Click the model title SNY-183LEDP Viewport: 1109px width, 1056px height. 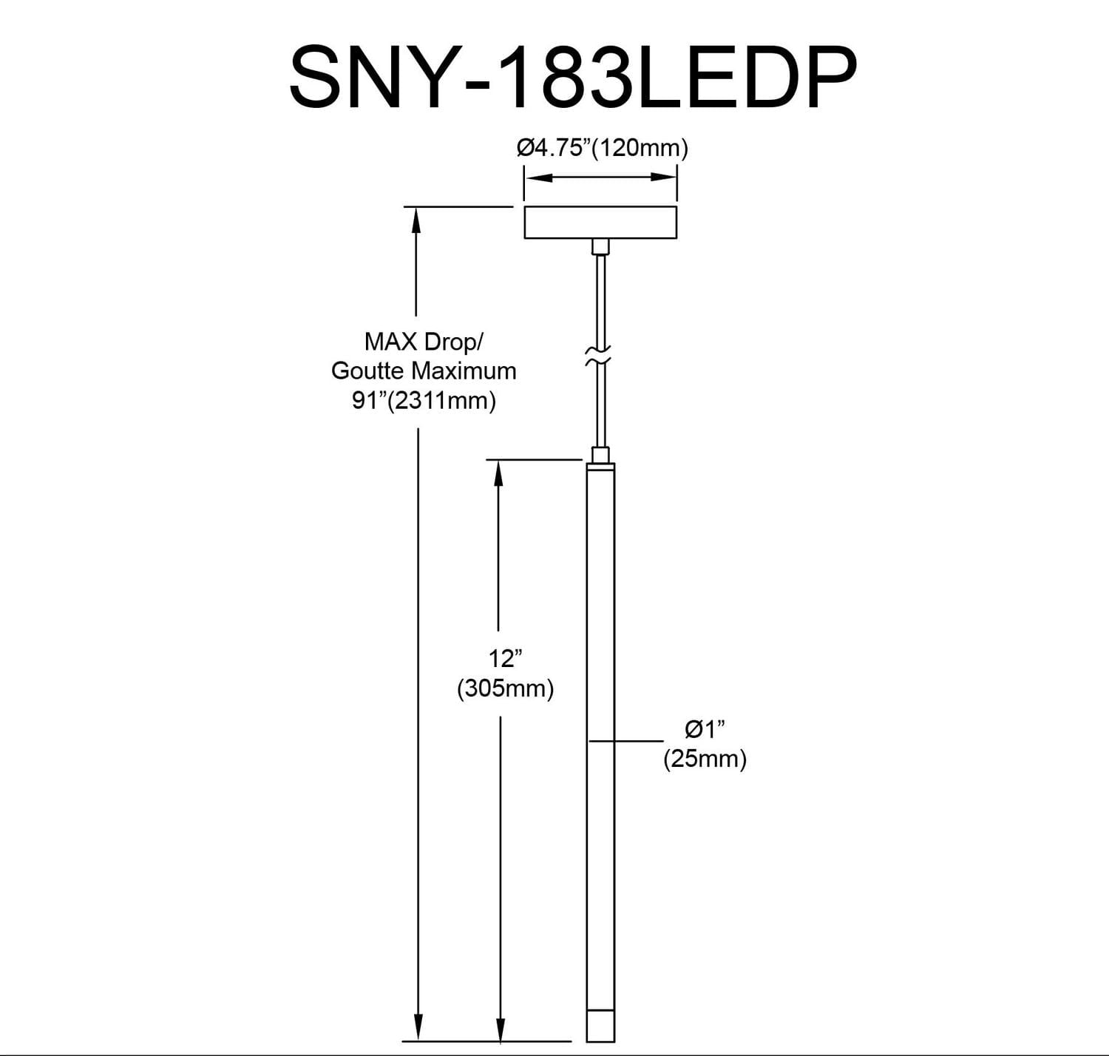coord(573,77)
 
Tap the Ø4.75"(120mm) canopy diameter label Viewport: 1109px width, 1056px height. coord(602,148)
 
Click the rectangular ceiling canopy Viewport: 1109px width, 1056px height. coord(600,223)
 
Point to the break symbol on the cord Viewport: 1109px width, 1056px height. coord(599,355)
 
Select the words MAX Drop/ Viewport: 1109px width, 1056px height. coord(423,342)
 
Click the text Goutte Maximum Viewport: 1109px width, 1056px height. coord(424,370)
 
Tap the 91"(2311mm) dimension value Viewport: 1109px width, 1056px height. coord(424,400)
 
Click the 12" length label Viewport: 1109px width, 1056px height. coord(506,657)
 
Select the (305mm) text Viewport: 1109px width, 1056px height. coord(506,688)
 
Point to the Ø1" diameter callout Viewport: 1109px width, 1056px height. coord(705,729)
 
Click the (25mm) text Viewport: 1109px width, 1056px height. coord(705,759)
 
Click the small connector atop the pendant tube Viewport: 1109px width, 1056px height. coord(600,455)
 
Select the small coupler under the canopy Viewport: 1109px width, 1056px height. coord(600,247)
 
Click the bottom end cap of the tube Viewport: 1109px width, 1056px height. coord(600,1026)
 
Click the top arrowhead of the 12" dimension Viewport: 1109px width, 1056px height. coord(499,472)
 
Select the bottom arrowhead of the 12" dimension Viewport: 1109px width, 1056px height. coord(501,1029)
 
